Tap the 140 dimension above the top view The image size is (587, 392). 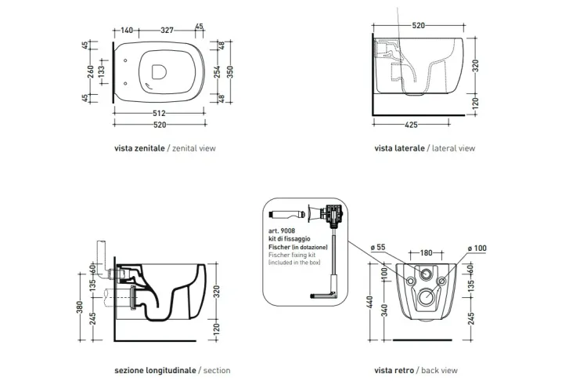click(x=127, y=31)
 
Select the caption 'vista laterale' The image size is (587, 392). click(x=399, y=147)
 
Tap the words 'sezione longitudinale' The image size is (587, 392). click(x=155, y=369)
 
